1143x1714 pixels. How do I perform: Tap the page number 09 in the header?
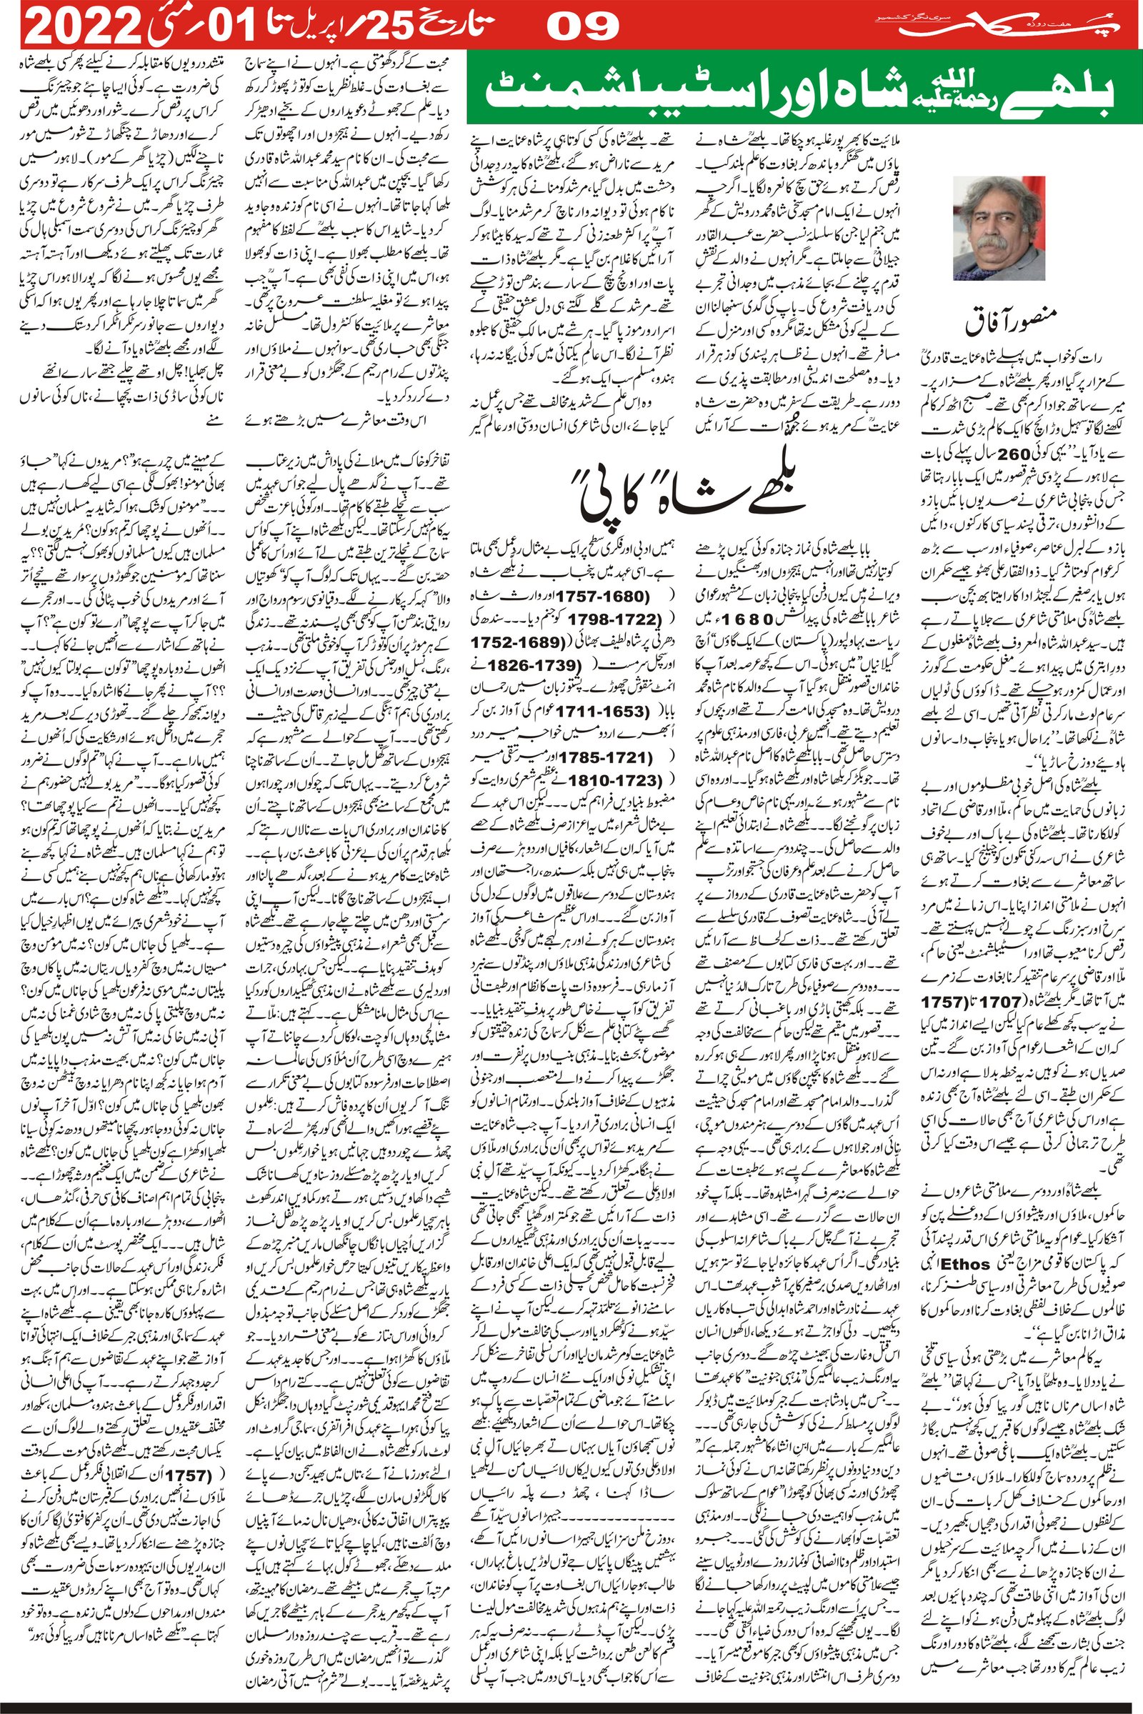(583, 28)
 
